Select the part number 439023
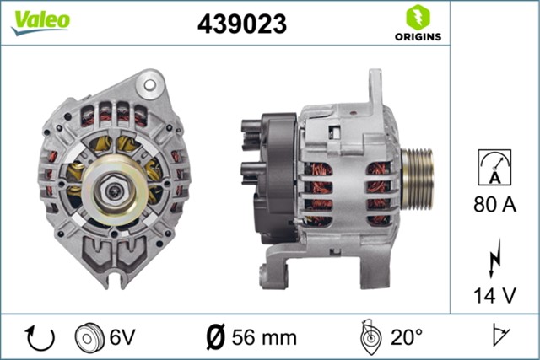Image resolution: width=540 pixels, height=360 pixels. coord(241,25)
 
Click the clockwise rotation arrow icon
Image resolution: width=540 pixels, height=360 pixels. coord(40,337)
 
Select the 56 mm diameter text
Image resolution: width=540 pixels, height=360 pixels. coord(268,338)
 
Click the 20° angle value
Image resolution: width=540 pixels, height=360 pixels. coord(406,338)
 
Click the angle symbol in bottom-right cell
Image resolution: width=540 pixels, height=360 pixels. coord(502,337)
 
